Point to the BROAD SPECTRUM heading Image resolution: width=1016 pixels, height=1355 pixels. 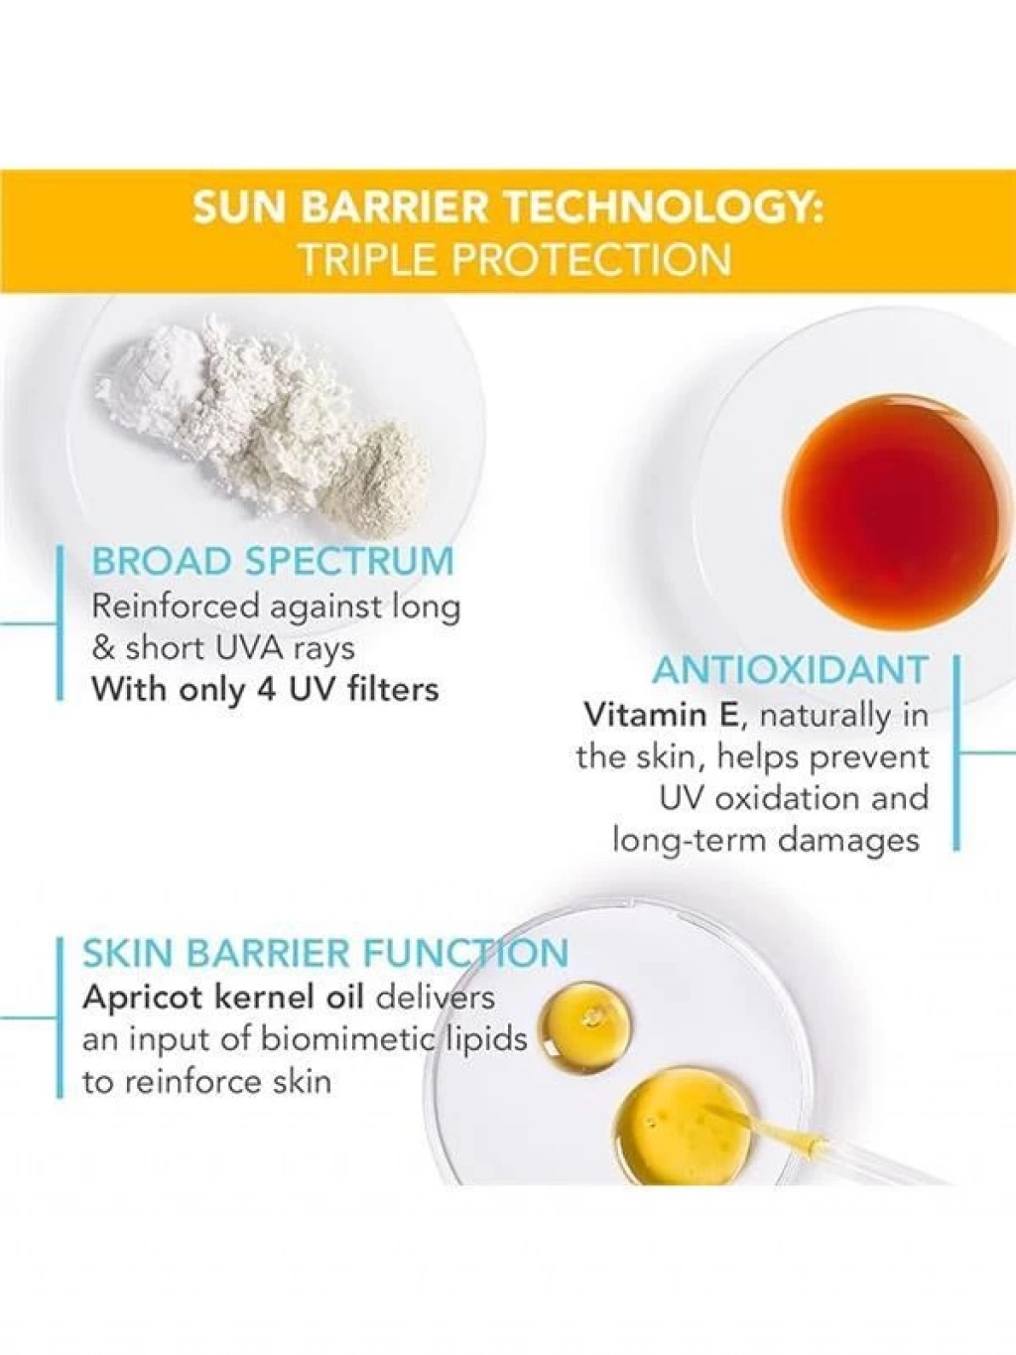click(273, 561)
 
